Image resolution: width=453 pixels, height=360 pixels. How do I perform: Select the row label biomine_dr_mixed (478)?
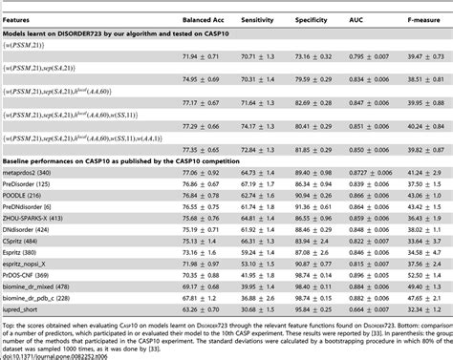[42, 286]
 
